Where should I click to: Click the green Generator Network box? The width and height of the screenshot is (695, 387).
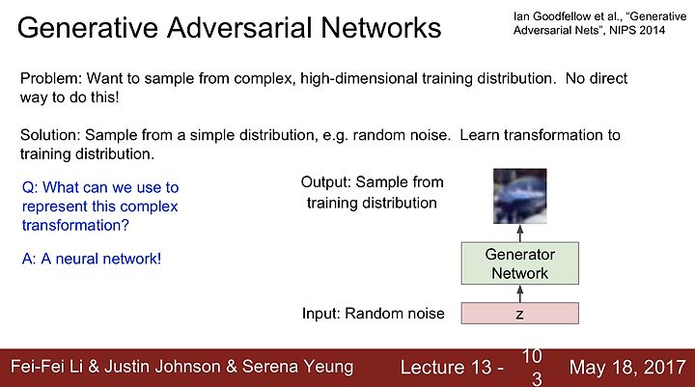click(x=520, y=263)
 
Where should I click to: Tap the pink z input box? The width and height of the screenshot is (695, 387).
click(x=520, y=314)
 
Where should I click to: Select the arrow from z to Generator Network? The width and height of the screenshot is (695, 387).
click(x=520, y=293)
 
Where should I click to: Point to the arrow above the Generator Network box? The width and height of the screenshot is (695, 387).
click(x=520, y=234)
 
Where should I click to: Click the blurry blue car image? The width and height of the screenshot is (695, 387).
click(x=520, y=196)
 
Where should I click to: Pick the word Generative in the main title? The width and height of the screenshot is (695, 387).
click(x=88, y=27)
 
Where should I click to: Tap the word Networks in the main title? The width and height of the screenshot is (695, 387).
click(x=380, y=27)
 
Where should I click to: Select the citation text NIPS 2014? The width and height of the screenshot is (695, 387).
click(x=637, y=30)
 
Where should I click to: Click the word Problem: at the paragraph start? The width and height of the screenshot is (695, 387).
click(x=51, y=78)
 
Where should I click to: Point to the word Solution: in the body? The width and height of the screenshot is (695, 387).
click(x=50, y=135)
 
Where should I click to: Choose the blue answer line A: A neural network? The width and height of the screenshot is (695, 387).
click(x=92, y=259)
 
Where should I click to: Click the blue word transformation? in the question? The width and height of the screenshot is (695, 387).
click(x=76, y=225)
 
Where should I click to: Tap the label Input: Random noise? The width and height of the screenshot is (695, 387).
click(x=374, y=314)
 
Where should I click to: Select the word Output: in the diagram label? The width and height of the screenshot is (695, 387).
click(x=326, y=182)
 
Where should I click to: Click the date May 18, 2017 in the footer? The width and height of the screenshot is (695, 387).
click(x=627, y=367)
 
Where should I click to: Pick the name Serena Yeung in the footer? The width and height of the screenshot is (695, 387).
click(x=298, y=367)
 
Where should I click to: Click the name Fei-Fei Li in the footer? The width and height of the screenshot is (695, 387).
click(x=46, y=367)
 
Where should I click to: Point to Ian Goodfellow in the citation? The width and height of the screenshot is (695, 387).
click(x=550, y=16)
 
